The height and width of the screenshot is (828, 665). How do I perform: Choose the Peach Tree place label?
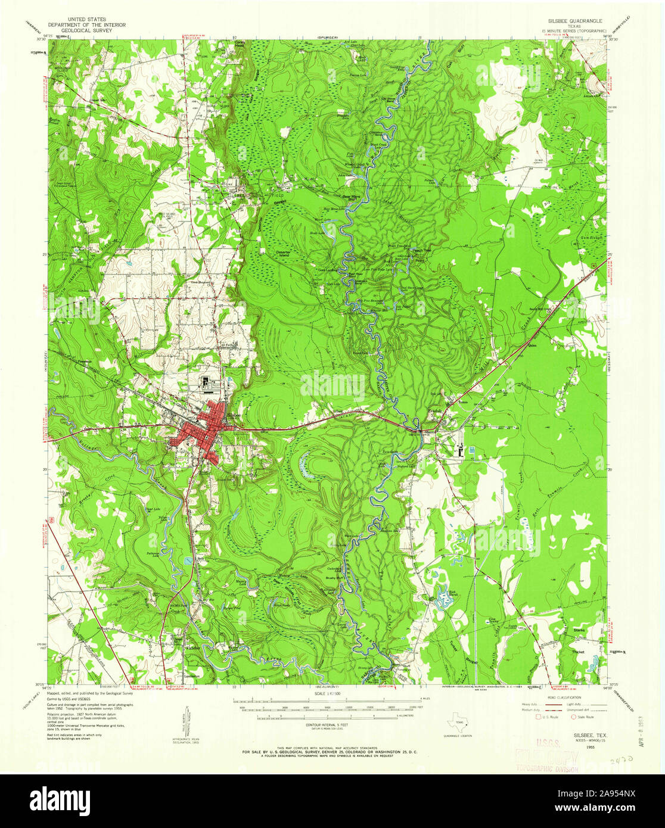pyautogui.click(x=422, y=253)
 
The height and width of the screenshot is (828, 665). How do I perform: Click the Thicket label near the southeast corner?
pyautogui.click(x=578, y=652)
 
